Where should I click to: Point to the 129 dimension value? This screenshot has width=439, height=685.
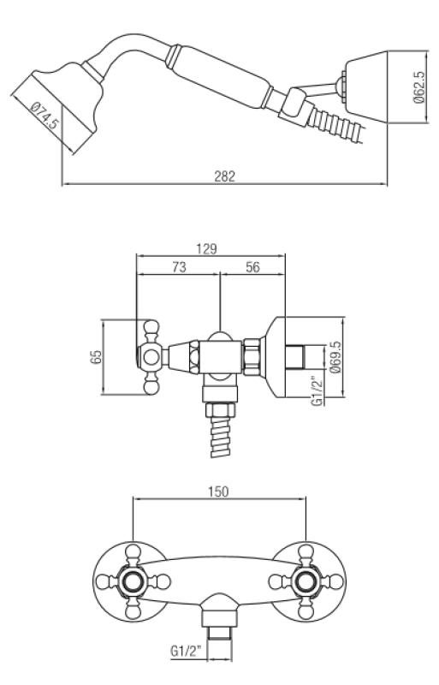[205, 248]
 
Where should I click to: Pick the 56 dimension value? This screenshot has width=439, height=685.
[252, 267]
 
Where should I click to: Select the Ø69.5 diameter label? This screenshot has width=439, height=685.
[335, 358]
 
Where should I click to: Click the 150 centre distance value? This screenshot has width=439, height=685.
[218, 493]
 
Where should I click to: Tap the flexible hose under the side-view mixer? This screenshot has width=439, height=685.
[219, 437]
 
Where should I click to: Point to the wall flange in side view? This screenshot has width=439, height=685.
[278, 358]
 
